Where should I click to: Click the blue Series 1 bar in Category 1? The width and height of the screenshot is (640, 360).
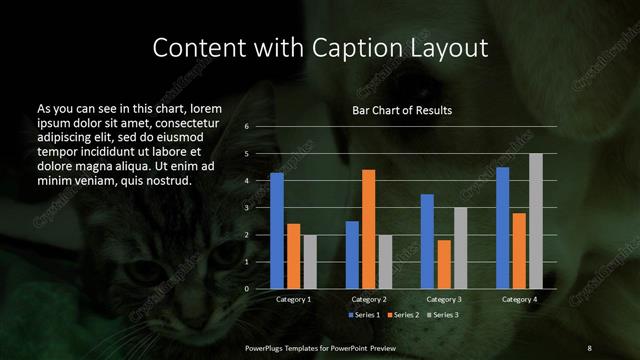point(277,231)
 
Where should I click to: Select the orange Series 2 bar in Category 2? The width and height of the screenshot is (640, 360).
point(368,229)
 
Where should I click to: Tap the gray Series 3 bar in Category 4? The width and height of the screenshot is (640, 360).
point(535,221)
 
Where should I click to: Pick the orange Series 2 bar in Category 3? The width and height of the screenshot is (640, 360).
point(443,264)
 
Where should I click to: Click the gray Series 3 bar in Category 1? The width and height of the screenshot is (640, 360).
point(310,261)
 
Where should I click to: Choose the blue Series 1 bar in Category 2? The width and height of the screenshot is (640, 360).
point(352,255)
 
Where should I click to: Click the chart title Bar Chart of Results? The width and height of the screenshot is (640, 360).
point(402,110)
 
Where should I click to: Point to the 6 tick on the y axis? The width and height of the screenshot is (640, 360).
point(246,127)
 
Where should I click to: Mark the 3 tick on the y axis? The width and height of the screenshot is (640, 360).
point(246,208)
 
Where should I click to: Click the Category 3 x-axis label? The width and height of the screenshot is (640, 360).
point(443,299)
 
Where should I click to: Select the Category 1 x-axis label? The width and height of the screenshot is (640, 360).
point(293,299)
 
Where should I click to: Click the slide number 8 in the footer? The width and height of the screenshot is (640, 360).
point(589,347)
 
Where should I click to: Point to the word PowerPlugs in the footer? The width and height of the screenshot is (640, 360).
point(268,347)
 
